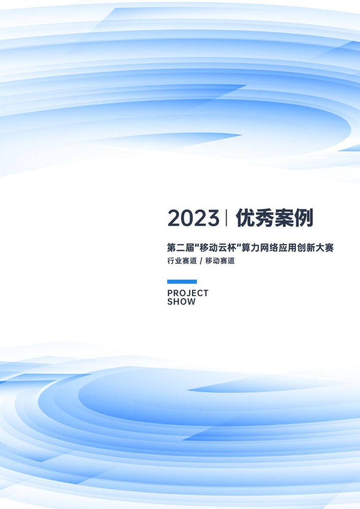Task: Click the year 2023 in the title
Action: (x=193, y=218)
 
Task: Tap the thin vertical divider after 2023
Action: (x=226, y=218)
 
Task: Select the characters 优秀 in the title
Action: (x=255, y=218)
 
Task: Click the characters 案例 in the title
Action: (x=294, y=218)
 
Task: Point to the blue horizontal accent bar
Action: (x=182, y=282)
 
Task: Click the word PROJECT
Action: (x=188, y=293)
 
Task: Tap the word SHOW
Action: (x=181, y=302)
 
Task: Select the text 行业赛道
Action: (x=182, y=261)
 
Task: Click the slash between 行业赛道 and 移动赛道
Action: (x=201, y=261)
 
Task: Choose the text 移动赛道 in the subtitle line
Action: (x=220, y=261)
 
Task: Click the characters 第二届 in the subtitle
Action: (x=180, y=248)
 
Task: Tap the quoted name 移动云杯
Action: (x=218, y=248)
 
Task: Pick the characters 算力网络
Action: (x=260, y=248)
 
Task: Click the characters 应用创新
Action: (x=297, y=248)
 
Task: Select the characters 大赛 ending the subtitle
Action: (x=325, y=248)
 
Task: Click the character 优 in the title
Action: (x=245, y=218)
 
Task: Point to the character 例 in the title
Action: (x=304, y=218)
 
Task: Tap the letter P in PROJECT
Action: (x=170, y=293)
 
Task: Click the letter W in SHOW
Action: (x=191, y=302)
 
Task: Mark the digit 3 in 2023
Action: (x=213, y=218)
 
